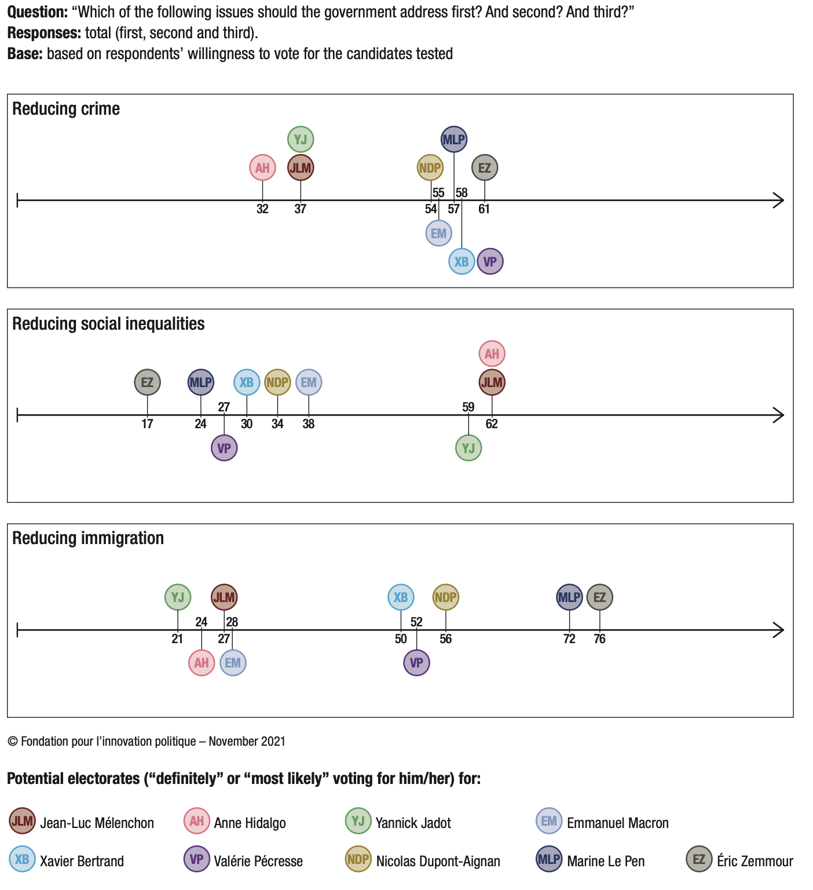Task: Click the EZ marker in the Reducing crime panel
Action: click(485, 168)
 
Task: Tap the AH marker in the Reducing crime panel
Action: click(262, 168)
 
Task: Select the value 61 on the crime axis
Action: click(484, 209)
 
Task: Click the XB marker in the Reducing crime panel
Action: click(462, 261)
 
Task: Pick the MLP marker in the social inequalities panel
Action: click(201, 382)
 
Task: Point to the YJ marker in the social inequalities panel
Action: click(468, 448)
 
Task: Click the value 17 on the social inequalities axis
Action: click(147, 424)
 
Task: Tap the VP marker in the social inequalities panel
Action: click(224, 448)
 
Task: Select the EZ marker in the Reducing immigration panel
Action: click(599, 597)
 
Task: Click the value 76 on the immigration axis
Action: click(599, 639)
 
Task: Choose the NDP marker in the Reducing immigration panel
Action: click(446, 597)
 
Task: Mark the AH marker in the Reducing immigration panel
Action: click(202, 663)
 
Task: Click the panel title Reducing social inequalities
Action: click(108, 323)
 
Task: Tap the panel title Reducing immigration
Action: click(88, 538)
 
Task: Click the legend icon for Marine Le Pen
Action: click(549, 859)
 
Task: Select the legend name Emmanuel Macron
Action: click(617, 823)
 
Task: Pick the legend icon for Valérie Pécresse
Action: click(196, 859)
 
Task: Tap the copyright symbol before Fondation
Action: click(13, 742)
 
